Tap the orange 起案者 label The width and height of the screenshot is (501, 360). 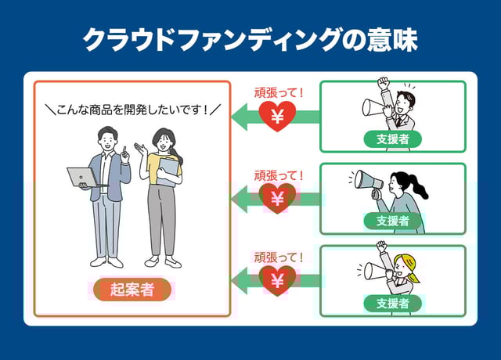(x=132, y=290)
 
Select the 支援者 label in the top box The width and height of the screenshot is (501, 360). (x=392, y=139)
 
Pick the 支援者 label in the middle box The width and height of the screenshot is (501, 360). (x=392, y=221)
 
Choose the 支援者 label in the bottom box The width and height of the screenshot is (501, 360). (x=392, y=303)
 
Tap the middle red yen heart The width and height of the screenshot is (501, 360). (x=277, y=199)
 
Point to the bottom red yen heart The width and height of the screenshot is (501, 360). (x=277, y=279)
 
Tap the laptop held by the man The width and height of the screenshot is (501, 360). (x=81, y=177)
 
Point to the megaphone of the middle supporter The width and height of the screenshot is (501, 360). (x=368, y=182)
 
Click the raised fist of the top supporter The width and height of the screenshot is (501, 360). (x=383, y=81)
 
